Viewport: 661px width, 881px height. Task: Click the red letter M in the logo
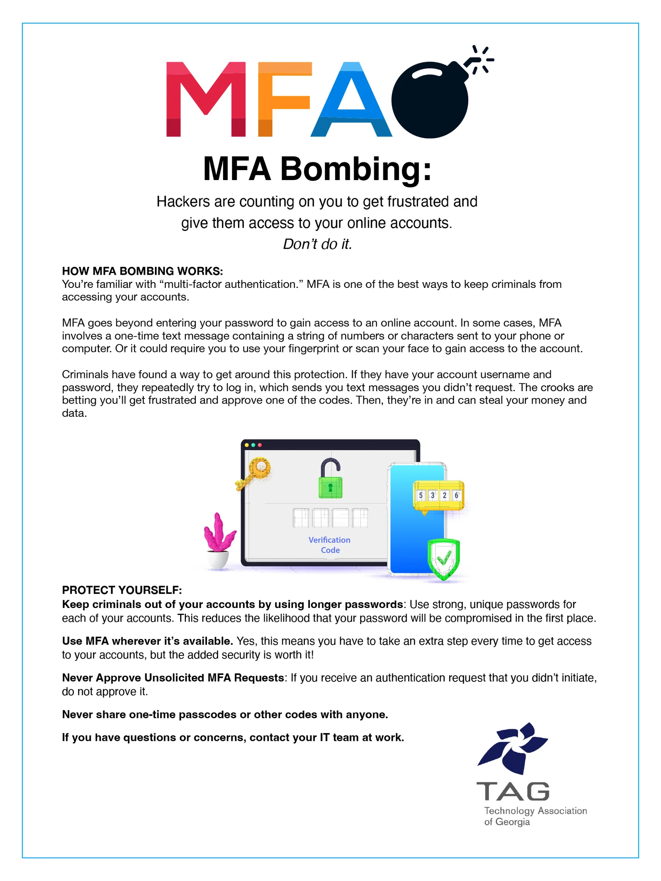click(x=205, y=99)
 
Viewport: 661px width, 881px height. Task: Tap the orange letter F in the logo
click(x=281, y=99)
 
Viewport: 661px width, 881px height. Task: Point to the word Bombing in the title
click(x=356, y=169)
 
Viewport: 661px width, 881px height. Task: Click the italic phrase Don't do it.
click(x=317, y=244)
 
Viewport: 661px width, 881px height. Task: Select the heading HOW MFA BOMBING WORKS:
click(x=142, y=271)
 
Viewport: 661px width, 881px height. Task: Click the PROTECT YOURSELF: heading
click(x=122, y=590)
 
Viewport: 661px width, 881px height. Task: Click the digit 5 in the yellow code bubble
click(x=421, y=495)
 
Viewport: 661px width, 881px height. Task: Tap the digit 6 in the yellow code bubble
click(x=457, y=495)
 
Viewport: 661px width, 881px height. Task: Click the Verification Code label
click(x=329, y=545)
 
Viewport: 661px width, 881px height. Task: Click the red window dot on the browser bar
click(x=260, y=445)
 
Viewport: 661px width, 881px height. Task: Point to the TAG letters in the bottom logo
click(x=513, y=791)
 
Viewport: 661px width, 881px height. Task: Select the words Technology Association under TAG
click(x=535, y=810)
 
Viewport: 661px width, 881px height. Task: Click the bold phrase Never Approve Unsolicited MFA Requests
click(x=173, y=677)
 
